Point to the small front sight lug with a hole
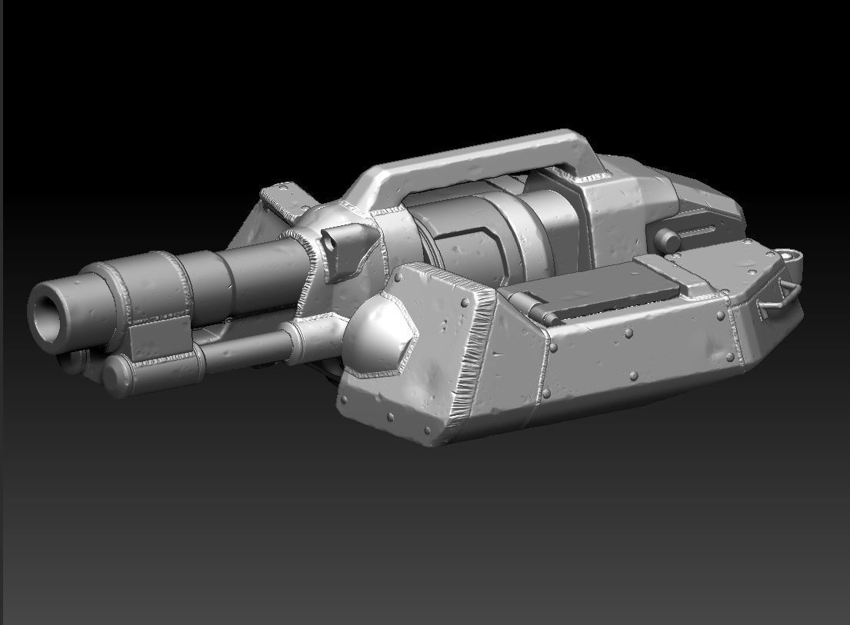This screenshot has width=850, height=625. [x=336, y=241]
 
